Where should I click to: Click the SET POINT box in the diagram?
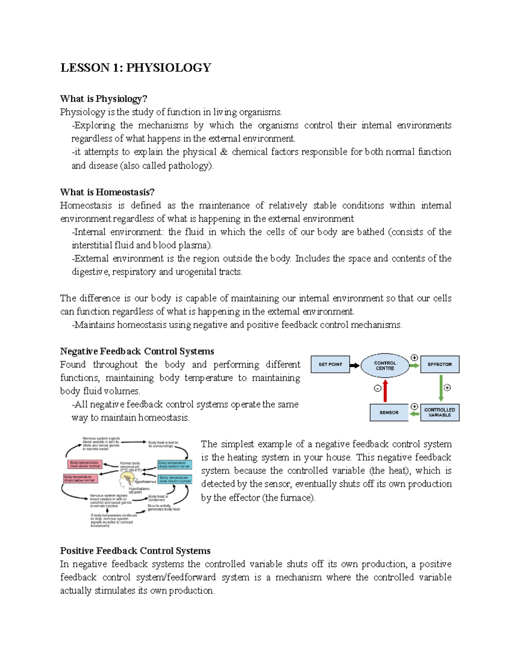click(x=330, y=365)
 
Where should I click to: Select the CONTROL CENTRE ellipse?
click(x=385, y=365)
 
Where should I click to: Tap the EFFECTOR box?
click(x=439, y=365)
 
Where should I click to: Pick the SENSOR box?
click(x=389, y=413)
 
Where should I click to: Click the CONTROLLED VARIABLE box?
click(x=439, y=412)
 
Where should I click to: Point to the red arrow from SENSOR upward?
click(x=385, y=391)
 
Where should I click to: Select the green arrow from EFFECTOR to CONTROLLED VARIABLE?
click(x=441, y=388)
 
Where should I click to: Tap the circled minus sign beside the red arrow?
click(x=378, y=388)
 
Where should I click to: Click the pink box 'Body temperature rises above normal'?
click(x=84, y=464)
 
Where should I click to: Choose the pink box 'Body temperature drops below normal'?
click(x=81, y=479)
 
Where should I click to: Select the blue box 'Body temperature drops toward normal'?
click(x=175, y=464)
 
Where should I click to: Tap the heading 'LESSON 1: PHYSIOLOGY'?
click(x=136, y=68)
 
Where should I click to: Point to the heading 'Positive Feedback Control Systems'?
click(x=135, y=551)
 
